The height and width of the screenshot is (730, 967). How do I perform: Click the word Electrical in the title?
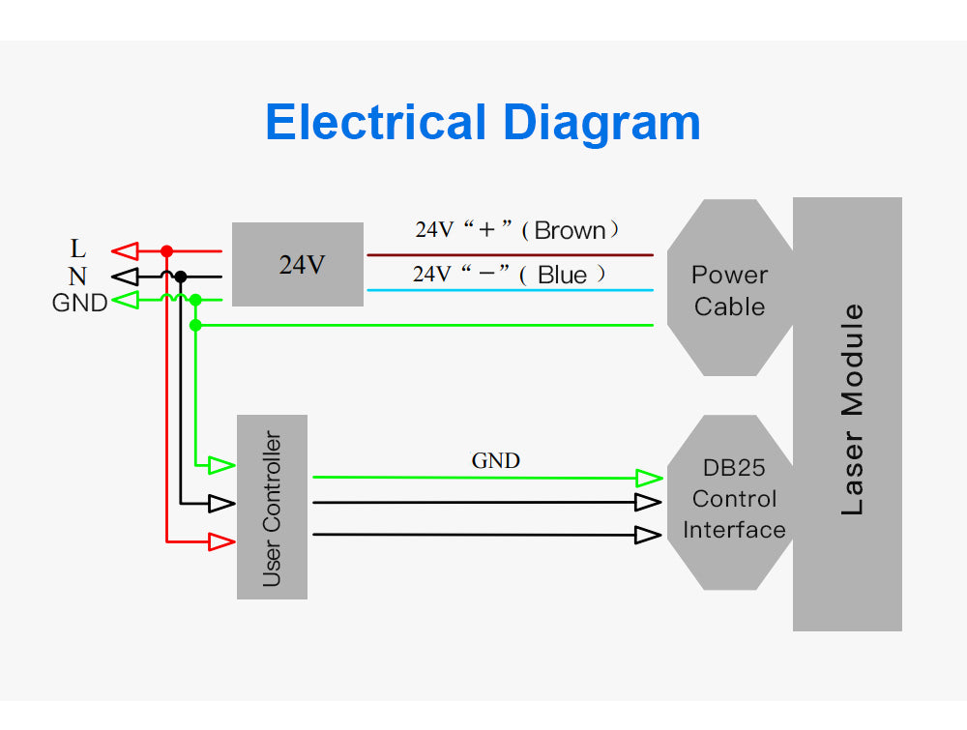(375, 124)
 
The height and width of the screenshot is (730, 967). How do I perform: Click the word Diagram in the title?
(601, 124)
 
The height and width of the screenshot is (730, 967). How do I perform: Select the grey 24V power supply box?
(298, 264)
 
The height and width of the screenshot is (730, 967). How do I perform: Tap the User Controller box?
(272, 507)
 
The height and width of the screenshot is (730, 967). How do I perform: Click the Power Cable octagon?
(728, 289)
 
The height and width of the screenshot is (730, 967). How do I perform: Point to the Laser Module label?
(850, 410)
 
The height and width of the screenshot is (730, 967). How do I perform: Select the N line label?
(77, 277)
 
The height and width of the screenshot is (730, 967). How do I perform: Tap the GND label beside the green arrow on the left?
(79, 303)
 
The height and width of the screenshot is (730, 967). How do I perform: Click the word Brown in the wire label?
(570, 231)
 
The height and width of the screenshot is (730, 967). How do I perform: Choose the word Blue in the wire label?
(562, 276)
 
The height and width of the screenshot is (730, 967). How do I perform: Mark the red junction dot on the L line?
(166, 251)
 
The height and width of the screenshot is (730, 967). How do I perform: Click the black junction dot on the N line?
(181, 277)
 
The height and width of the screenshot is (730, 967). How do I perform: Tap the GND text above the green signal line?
(495, 461)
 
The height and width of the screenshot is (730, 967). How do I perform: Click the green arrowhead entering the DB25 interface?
(648, 478)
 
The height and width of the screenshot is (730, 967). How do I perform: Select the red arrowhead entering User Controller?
(222, 541)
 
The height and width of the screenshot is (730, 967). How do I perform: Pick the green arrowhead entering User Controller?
(222, 465)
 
